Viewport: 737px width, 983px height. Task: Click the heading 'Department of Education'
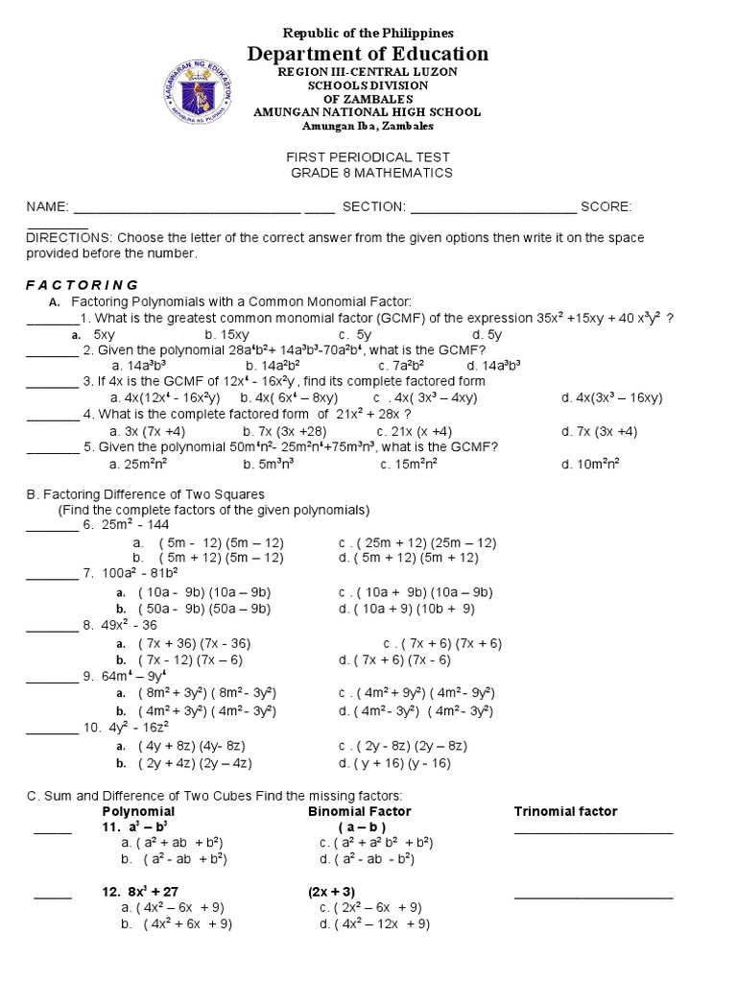point(368,54)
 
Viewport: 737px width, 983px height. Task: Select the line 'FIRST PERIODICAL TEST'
point(369,156)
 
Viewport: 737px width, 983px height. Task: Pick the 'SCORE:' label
point(605,206)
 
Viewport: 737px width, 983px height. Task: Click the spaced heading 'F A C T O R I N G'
point(82,285)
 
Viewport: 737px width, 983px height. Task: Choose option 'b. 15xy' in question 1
point(226,334)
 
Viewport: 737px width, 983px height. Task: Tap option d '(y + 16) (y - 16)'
point(394,763)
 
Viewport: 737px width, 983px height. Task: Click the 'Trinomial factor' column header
point(565,811)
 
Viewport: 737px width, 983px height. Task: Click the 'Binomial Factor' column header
point(360,811)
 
